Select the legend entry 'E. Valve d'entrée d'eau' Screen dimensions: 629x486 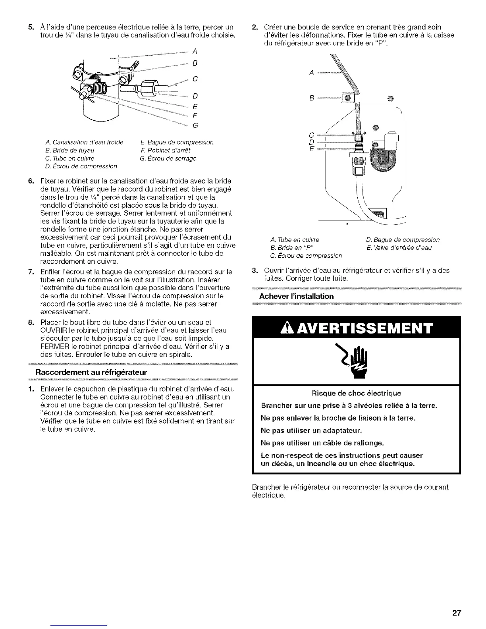[399, 248]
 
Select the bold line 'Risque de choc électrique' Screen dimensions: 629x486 [356, 393]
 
